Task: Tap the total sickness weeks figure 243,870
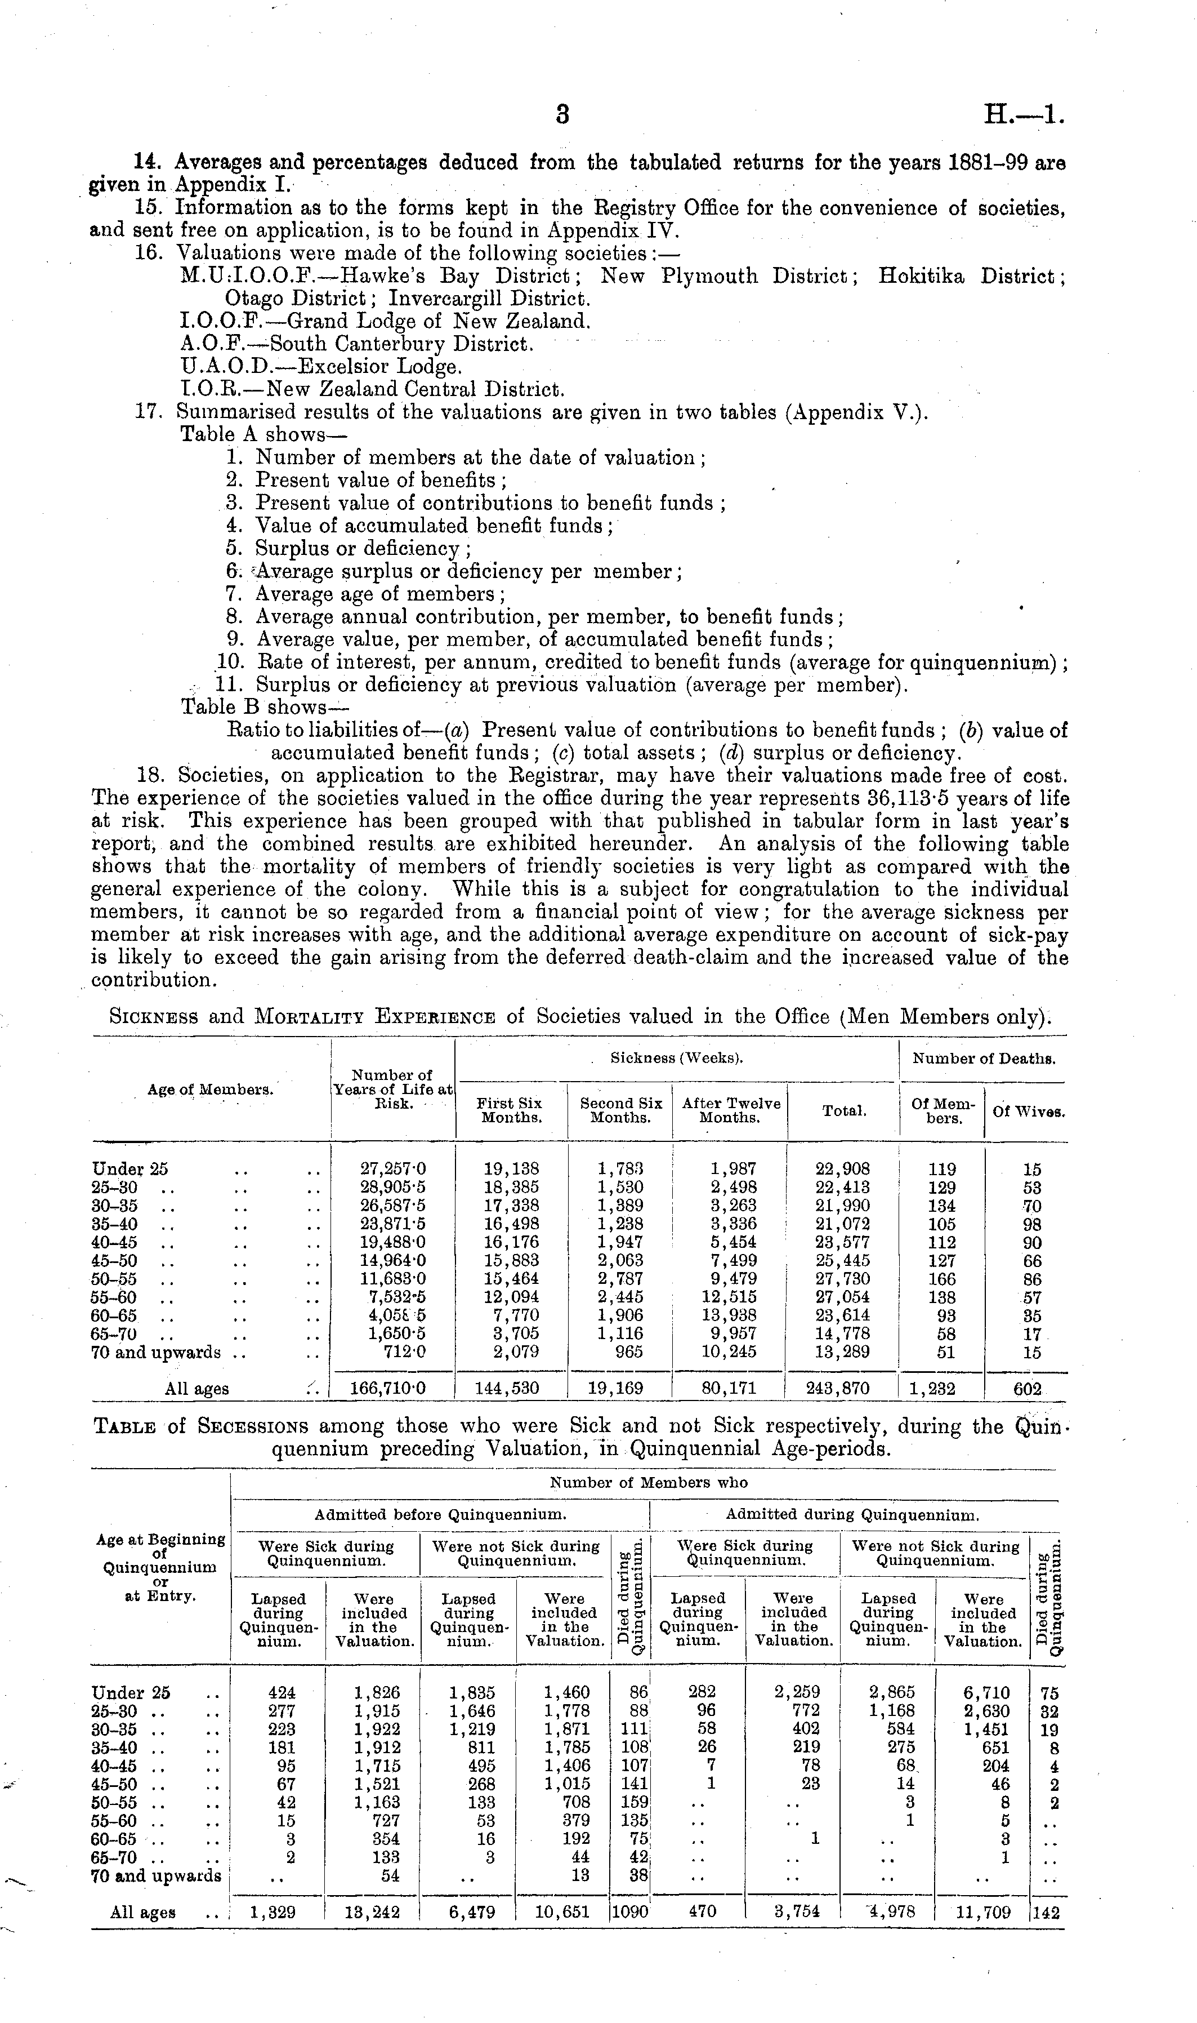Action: (x=842, y=1389)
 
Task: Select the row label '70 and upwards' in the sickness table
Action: (x=155, y=1353)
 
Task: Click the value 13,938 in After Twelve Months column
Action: (x=729, y=1315)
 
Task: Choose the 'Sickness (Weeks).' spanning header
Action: (x=676, y=1058)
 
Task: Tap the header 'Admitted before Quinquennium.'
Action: (x=440, y=1515)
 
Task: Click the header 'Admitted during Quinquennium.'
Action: (x=852, y=1515)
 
